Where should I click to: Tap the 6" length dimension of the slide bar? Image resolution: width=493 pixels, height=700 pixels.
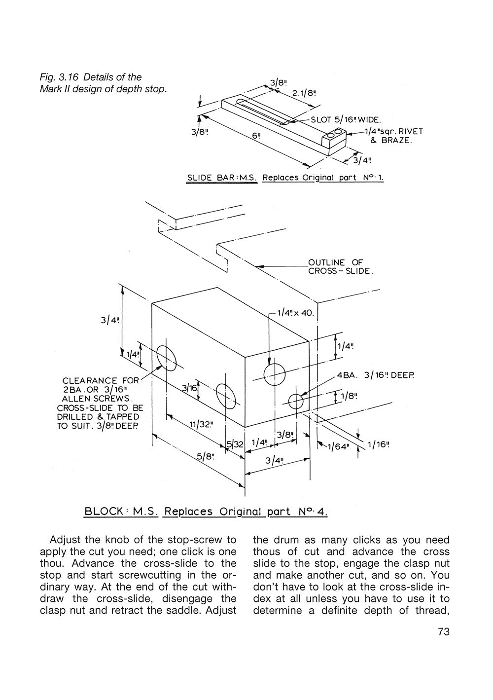tap(255, 136)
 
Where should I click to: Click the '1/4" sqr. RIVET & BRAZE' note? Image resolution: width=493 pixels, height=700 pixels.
tap(393, 136)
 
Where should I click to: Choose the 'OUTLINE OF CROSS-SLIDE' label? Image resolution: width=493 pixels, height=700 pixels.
tap(340, 267)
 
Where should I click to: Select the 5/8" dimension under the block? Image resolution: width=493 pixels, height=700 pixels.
tap(206, 456)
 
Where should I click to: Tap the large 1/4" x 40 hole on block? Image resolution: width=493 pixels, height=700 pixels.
tap(275, 374)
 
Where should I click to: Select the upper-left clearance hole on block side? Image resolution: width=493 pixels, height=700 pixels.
tap(167, 357)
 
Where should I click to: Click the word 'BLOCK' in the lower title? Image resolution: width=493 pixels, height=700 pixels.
tap(104, 511)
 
